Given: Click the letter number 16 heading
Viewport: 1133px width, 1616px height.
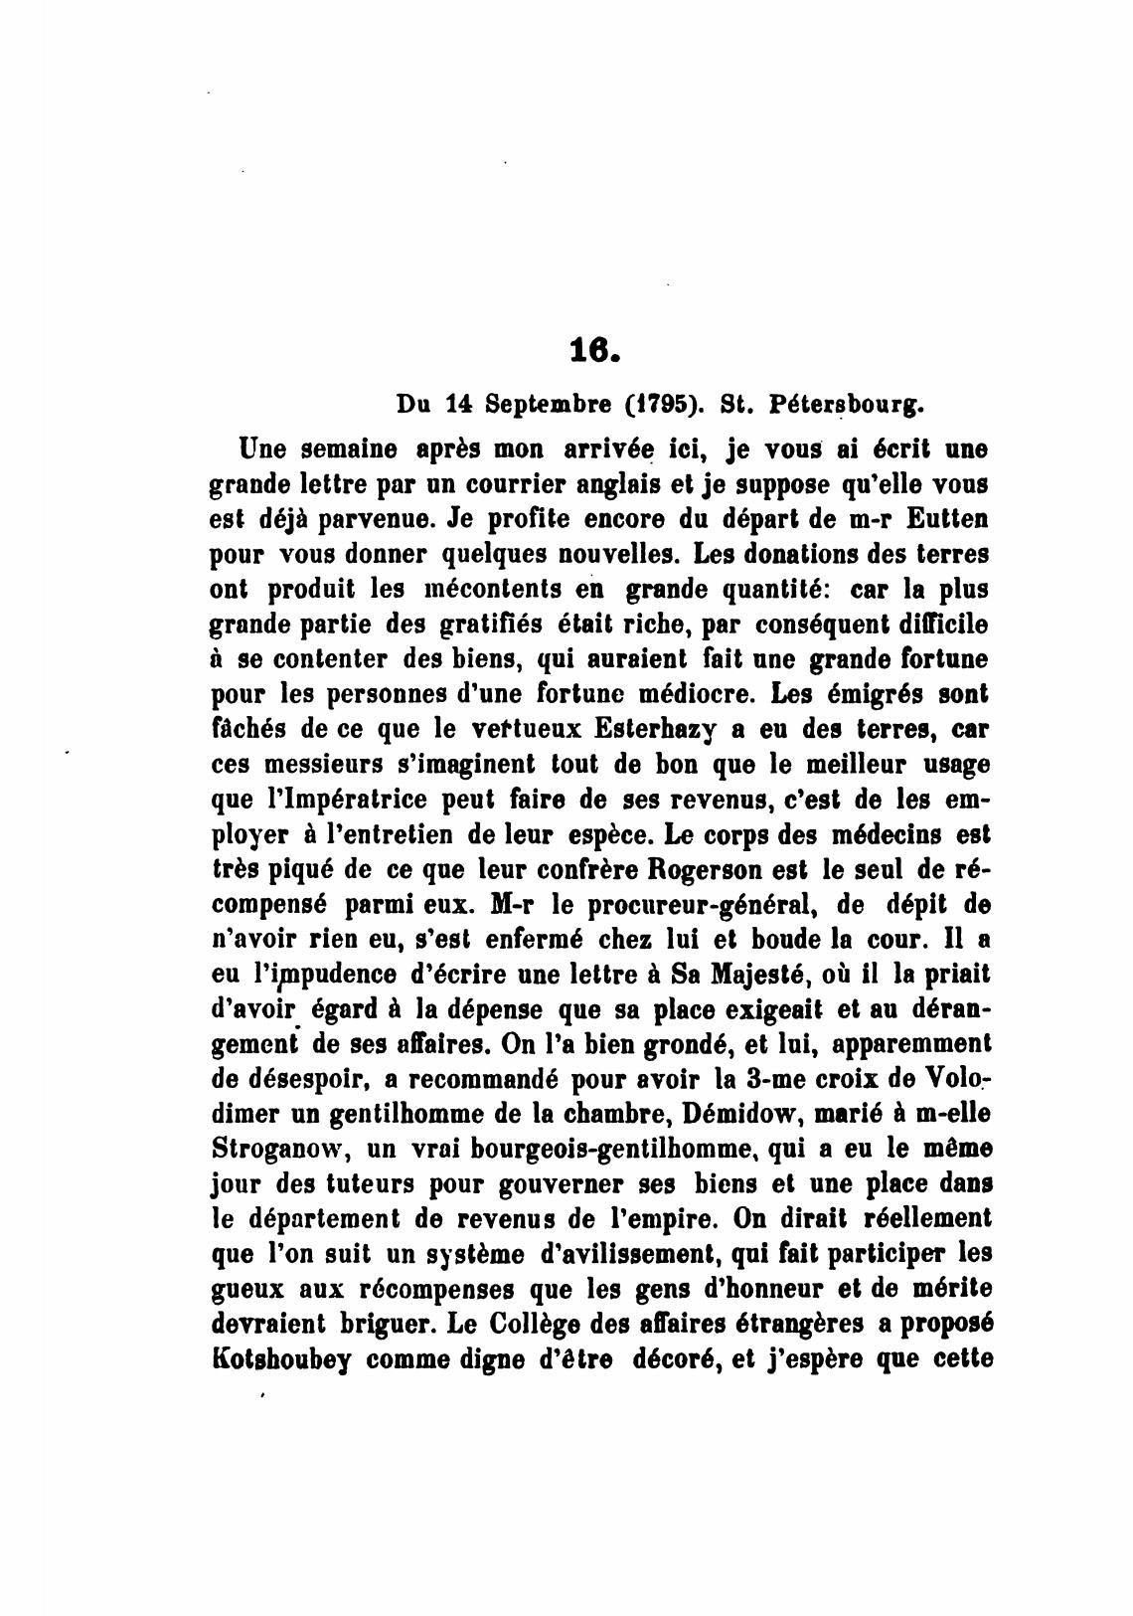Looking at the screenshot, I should click(x=595, y=349).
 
